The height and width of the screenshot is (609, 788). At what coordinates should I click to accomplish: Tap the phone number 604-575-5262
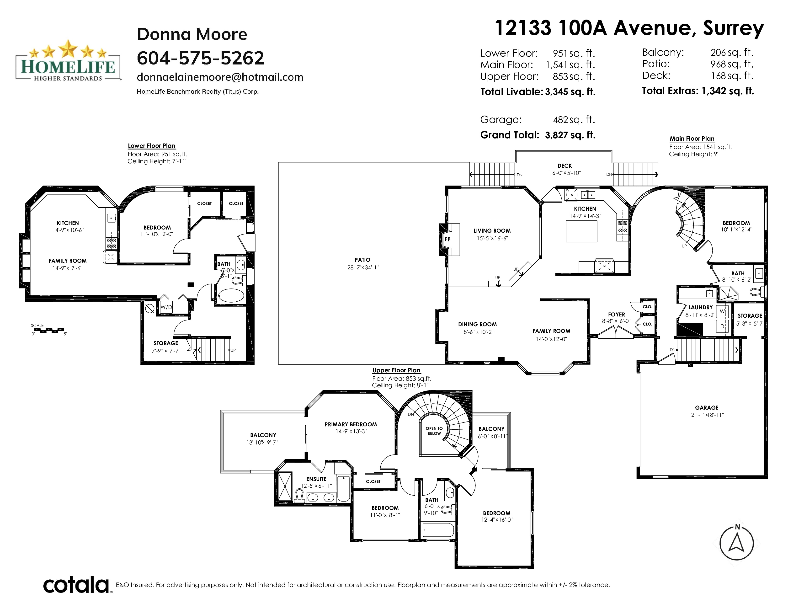pos(201,58)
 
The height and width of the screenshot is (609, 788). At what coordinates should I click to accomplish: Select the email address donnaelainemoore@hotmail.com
pos(220,77)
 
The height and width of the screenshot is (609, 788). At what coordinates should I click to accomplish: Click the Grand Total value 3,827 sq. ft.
pos(570,135)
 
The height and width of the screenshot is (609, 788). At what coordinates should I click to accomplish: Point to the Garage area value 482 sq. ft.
pos(574,119)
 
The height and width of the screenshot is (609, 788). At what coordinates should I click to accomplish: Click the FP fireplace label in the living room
pos(447,239)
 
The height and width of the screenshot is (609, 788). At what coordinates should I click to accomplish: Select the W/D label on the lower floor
pos(166,307)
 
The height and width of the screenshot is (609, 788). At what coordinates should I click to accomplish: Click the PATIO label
pos(362,260)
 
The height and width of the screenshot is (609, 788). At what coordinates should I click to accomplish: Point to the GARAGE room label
pos(707,408)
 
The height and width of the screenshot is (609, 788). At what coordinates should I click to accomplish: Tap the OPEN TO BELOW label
pos(434,431)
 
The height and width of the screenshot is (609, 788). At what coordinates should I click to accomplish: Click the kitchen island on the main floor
pos(581,231)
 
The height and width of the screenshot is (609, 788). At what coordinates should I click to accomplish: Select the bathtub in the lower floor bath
pos(231,295)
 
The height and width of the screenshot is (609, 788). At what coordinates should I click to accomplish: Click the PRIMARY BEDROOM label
pos(351,424)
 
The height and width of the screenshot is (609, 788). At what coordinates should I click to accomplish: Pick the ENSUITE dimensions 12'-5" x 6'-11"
pos(316,486)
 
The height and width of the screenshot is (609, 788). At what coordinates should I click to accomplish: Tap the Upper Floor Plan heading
pos(396,370)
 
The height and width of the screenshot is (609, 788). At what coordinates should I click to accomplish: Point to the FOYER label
pos(616,315)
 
